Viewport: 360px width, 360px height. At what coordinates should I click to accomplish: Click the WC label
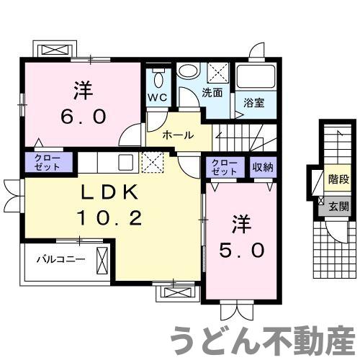158,97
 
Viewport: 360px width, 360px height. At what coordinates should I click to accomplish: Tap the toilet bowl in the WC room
158,76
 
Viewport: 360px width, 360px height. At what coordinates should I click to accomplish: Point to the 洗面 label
212,93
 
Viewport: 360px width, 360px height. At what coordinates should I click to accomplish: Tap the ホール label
176,135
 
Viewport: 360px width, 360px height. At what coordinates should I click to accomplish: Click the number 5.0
240,250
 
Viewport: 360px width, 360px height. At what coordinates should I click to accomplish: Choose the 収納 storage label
262,167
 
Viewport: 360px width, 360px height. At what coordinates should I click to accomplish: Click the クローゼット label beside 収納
225,167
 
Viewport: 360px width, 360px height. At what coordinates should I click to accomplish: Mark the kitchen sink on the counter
123,161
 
